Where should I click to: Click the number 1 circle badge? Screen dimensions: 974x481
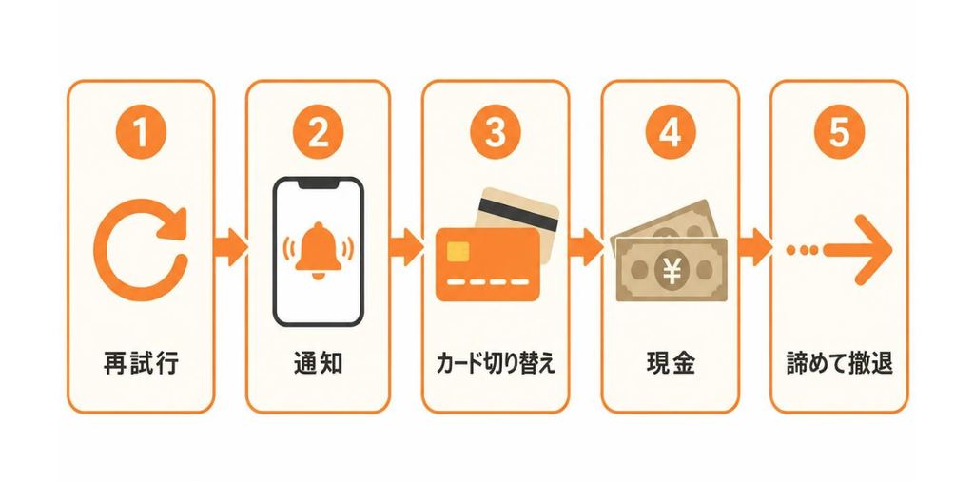click(141, 131)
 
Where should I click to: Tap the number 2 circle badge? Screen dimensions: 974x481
click(318, 131)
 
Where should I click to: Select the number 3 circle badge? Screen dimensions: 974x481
click(495, 131)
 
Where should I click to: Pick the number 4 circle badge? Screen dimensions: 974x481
click(671, 131)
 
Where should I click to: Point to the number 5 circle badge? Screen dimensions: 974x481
click(839, 131)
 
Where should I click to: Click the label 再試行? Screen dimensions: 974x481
click(141, 364)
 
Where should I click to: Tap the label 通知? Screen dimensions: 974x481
click(318, 364)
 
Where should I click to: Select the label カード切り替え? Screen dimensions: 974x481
click(495, 364)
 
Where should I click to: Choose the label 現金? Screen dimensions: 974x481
click(671, 364)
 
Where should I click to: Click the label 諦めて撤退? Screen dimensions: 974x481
click(839, 364)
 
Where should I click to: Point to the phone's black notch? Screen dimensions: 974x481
click(318, 184)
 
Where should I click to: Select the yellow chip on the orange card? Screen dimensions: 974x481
click(458, 251)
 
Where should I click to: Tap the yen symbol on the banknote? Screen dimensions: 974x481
click(672, 271)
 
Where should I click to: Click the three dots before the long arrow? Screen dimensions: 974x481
click(802, 250)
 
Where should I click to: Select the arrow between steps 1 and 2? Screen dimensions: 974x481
click(230, 246)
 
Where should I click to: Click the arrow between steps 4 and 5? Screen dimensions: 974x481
click(754, 246)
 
